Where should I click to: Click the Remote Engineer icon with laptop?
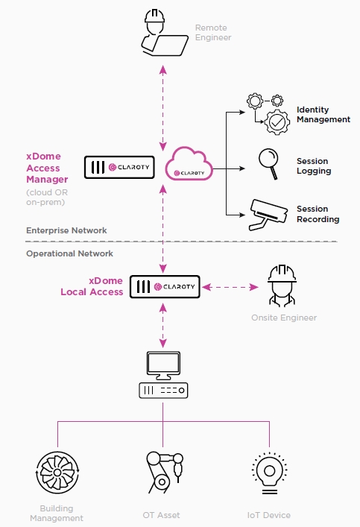164,33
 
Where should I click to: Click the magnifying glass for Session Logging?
268,164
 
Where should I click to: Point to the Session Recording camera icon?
268,215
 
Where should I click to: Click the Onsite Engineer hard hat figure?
282,285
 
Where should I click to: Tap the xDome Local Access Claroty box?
165,287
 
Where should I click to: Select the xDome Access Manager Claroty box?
119,167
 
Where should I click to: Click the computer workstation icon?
163,375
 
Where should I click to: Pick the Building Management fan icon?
57,473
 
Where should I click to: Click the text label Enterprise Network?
66,230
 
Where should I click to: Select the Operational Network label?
69,253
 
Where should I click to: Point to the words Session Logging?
314,166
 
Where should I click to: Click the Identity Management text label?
323,115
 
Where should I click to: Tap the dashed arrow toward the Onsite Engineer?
230,287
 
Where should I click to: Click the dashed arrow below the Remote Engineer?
163,108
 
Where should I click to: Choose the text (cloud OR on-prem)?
47,198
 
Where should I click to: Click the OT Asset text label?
161,515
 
